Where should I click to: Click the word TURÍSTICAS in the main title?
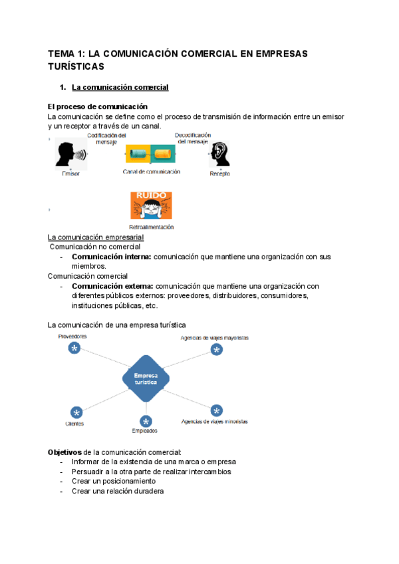[x=76, y=67]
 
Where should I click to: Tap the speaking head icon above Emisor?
[x=70, y=155]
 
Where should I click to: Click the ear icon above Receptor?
[x=219, y=154]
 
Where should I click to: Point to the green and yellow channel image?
[x=150, y=154]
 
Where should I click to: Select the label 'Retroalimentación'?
[x=151, y=227]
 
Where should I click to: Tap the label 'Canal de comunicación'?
[x=152, y=172]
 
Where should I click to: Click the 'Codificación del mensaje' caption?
[x=106, y=138]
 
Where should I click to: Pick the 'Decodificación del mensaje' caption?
[x=193, y=138]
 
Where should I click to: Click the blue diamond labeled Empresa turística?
[x=146, y=378]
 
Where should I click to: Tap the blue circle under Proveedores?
[x=74, y=349]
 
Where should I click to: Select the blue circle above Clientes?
[x=76, y=412]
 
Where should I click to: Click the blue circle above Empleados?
[x=146, y=421]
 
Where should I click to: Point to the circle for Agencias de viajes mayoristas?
[x=215, y=350]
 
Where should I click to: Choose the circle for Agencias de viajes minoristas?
[x=216, y=410]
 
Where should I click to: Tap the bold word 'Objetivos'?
[x=65, y=452]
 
